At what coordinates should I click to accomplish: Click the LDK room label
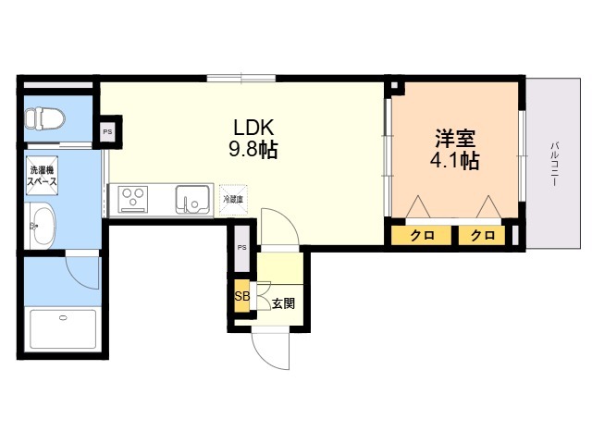coord(253,128)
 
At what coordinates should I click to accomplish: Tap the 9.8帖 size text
coord(253,150)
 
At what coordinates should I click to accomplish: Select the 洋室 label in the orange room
coord(455,139)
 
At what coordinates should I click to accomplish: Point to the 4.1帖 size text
coord(455,161)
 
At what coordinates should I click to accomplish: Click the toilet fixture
coord(44,118)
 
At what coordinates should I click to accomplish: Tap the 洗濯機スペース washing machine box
coord(42,176)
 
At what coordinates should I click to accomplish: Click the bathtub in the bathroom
coord(63,329)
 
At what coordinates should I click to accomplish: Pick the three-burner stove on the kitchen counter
coord(133,200)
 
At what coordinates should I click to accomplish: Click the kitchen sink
coord(192,200)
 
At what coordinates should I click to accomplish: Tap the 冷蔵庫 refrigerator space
coord(233,200)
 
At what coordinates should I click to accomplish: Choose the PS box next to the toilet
coord(107,131)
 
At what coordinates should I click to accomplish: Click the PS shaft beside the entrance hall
coord(242,248)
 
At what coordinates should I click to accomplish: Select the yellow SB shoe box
coord(242,296)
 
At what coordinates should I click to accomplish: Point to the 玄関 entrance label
coord(284,303)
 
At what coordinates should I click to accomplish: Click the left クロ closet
coord(422,235)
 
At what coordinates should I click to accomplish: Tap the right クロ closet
coord(482,235)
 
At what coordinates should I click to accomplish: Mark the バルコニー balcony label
coord(554,163)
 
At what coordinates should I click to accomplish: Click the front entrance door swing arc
coord(265,353)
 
